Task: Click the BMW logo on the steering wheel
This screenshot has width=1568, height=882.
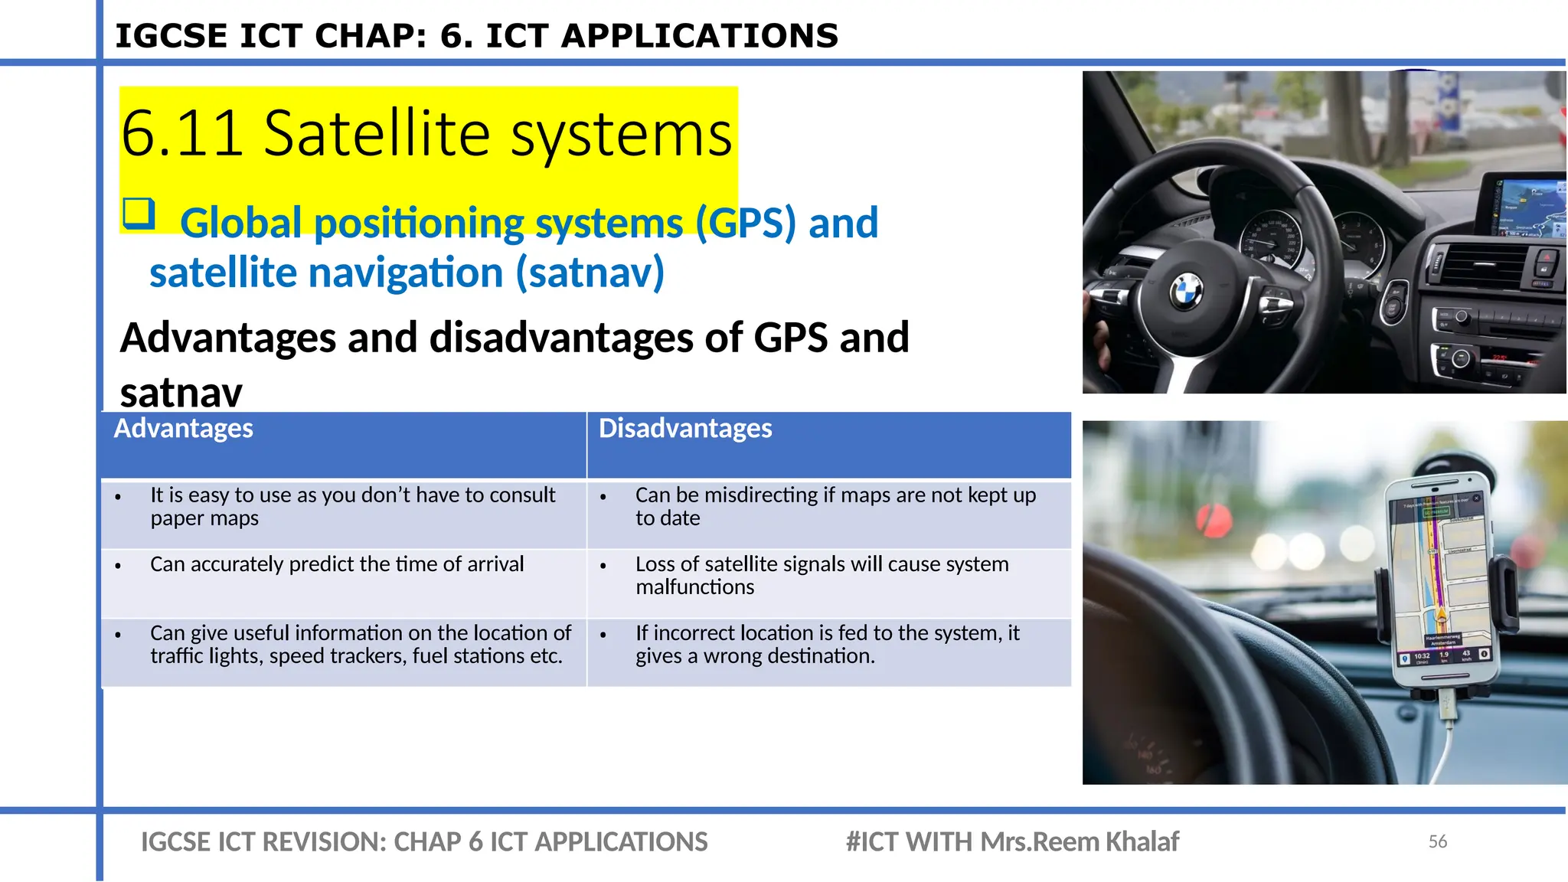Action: pos(1186,291)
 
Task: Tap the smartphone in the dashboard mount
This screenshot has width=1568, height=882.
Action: pos(1439,582)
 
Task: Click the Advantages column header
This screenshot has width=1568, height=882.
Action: pos(183,429)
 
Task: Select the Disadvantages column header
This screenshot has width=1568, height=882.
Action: pos(685,429)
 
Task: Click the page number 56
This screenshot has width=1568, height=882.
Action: pos(1437,841)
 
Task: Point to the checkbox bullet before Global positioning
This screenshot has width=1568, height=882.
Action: pos(139,214)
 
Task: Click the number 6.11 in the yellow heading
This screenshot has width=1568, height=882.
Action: pos(182,134)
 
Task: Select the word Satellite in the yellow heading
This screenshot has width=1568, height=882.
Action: pos(376,134)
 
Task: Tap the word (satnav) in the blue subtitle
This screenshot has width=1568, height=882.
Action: pos(590,273)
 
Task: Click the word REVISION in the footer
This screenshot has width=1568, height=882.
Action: pos(322,842)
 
